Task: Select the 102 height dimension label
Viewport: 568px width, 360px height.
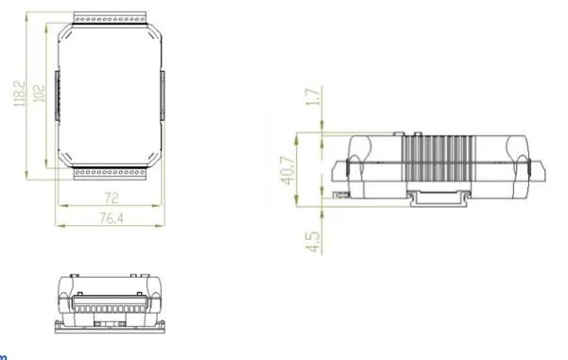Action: pyautogui.click(x=37, y=94)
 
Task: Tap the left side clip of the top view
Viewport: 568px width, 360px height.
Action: pyautogui.click(x=57, y=96)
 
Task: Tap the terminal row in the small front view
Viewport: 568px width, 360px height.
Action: pyautogui.click(x=107, y=308)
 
